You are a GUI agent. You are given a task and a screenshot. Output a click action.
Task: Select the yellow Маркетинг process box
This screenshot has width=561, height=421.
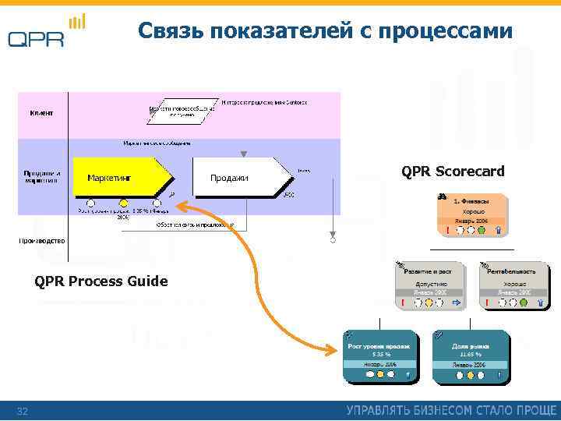tap(121, 178)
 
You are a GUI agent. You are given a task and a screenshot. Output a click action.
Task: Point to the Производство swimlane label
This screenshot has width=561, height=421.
tap(43, 240)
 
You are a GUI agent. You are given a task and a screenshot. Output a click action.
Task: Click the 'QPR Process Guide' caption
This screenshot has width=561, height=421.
tap(101, 281)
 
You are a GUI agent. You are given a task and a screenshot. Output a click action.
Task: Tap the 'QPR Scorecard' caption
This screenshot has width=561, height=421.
tap(453, 171)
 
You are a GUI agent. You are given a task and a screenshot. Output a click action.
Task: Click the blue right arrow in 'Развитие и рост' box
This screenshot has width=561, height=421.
tap(457, 302)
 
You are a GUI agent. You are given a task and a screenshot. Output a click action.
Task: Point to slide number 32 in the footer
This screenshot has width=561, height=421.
tap(23, 411)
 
